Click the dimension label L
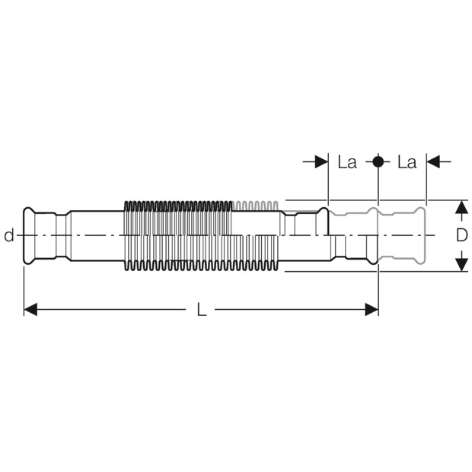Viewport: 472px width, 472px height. pos(202,309)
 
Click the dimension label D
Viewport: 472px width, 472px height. pos(462,235)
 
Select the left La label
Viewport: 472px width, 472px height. pos(347,162)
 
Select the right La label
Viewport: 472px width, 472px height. pos(407,162)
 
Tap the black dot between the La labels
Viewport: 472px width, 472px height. pos(378,161)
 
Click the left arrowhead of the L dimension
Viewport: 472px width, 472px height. pos(30,309)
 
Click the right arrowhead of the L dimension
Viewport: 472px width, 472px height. pos(372,309)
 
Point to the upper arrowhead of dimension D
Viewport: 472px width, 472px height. pos(461,207)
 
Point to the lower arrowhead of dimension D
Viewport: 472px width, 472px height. pos(461,265)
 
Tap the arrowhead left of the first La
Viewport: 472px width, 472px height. pos(321,162)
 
